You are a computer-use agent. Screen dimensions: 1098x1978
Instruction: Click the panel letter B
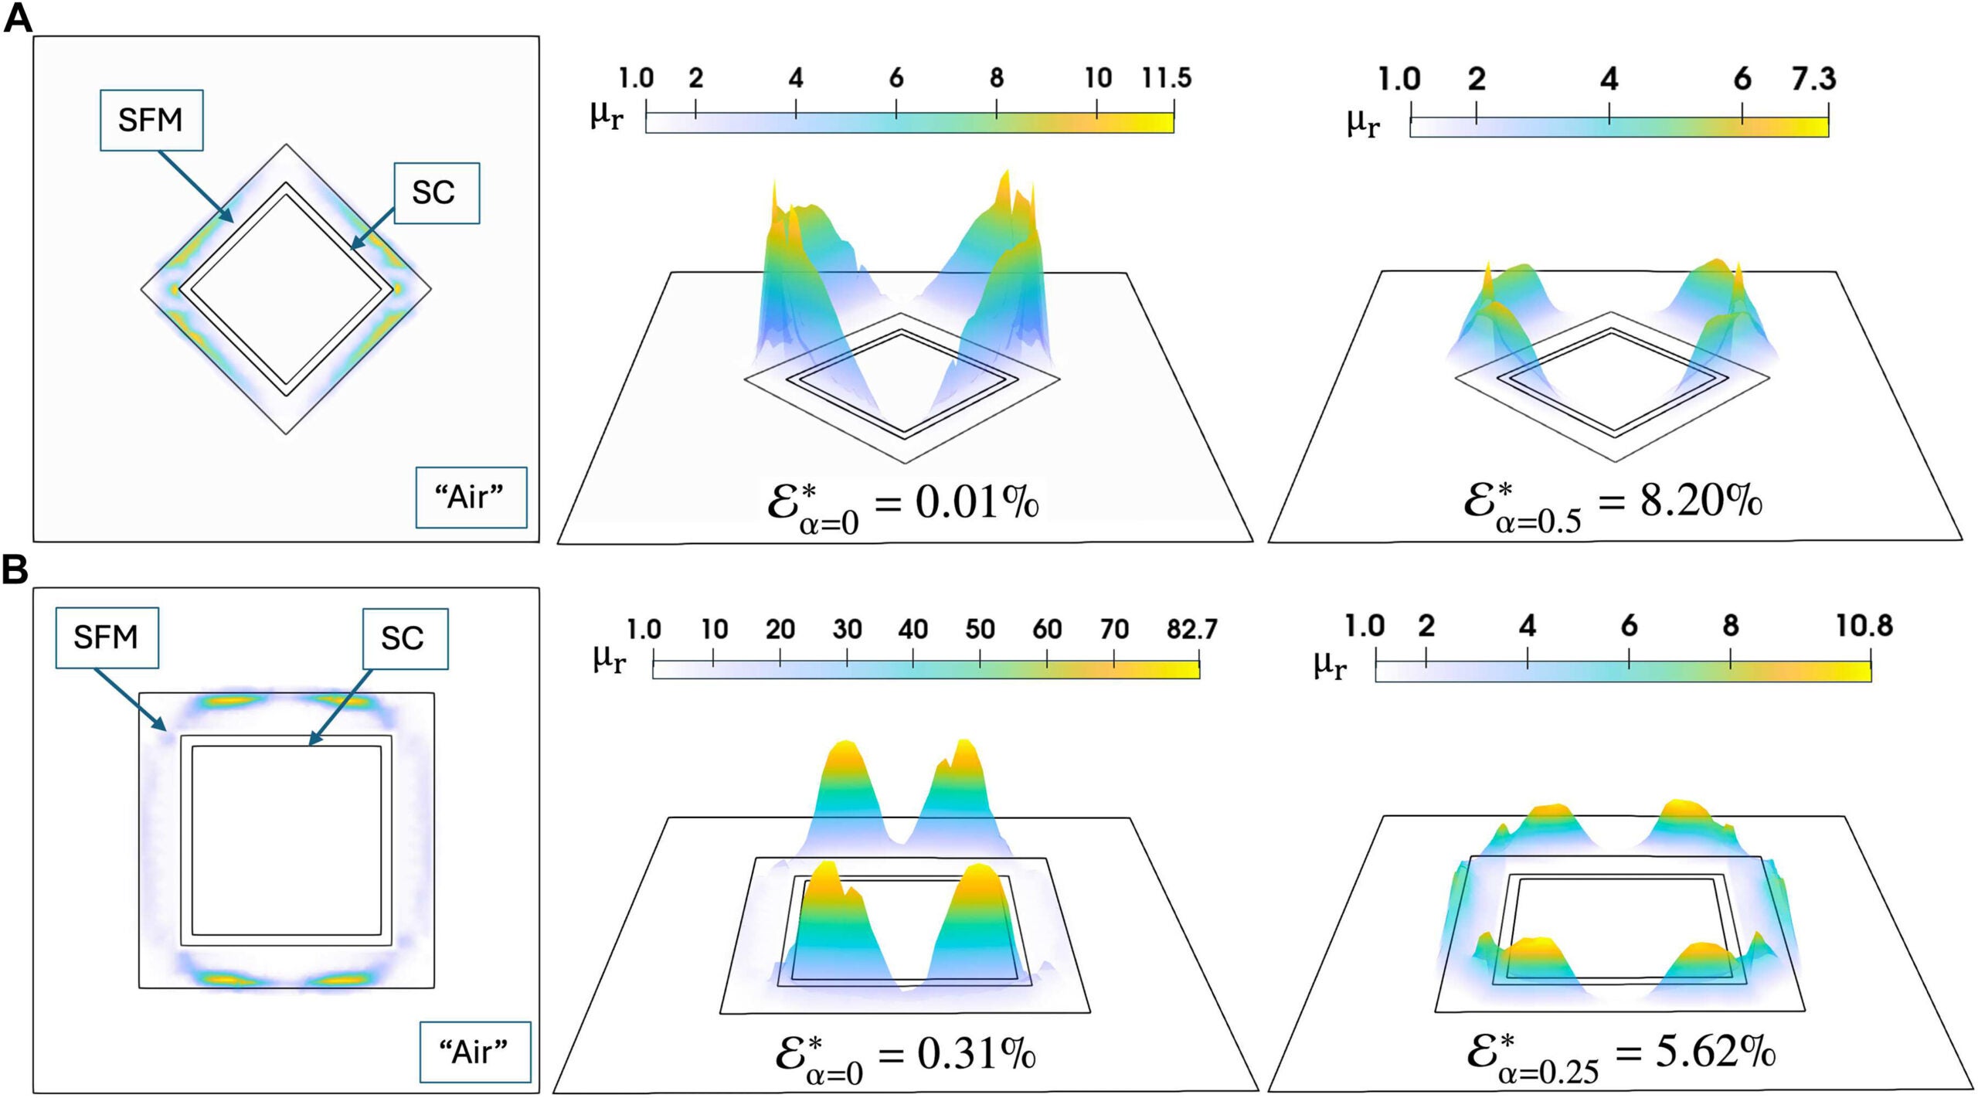(15, 570)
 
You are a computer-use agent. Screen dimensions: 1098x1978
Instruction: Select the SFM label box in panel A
(151, 120)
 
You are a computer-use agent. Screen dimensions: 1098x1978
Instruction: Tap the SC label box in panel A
(437, 193)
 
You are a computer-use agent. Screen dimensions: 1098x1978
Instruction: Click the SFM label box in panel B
(107, 637)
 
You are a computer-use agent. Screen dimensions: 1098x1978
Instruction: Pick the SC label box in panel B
(405, 638)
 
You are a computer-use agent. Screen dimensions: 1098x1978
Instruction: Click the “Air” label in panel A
(471, 498)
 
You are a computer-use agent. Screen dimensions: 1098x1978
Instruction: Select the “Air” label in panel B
(474, 1052)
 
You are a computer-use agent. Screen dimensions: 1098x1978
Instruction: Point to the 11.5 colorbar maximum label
(1167, 78)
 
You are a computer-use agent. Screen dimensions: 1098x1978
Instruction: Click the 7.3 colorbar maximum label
(1813, 79)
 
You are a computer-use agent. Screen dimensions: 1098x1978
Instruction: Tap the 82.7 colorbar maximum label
(1191, 629)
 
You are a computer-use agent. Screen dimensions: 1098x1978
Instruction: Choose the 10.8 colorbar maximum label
(1864, 626)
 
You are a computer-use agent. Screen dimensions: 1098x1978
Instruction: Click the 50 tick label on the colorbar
(980, 630)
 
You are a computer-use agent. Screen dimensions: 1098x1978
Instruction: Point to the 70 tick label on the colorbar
(1114, 630)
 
